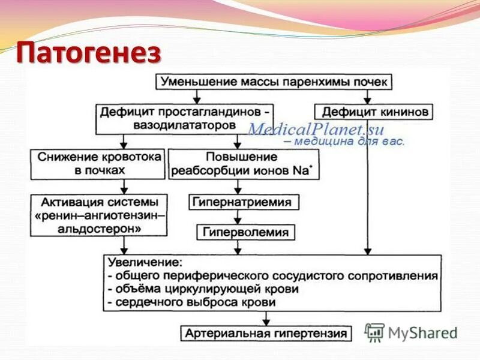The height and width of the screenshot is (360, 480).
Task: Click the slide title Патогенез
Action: point(89,54)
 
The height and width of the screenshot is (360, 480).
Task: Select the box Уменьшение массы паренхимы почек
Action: point(275,82)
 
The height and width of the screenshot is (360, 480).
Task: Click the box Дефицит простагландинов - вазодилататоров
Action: point(185,119)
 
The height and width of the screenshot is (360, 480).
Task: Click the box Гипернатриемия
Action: point(242,202)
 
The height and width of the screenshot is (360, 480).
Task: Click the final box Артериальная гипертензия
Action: point(266,334)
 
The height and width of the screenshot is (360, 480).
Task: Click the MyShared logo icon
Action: point(374,332)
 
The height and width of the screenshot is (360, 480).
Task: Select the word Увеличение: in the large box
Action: point(143,263)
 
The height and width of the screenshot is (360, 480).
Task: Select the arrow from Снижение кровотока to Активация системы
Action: point(124,187)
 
